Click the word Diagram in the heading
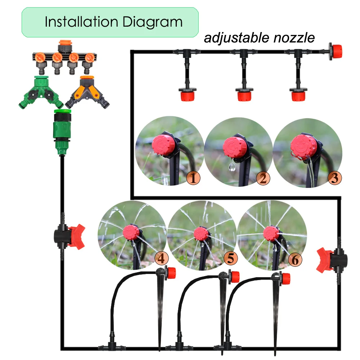153,22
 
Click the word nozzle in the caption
293,38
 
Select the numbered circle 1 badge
193,178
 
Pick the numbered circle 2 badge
263,178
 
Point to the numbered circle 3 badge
334,178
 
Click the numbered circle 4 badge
161,258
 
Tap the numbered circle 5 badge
230,258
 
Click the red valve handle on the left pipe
76,236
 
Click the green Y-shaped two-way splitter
40,92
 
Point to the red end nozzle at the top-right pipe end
335,51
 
